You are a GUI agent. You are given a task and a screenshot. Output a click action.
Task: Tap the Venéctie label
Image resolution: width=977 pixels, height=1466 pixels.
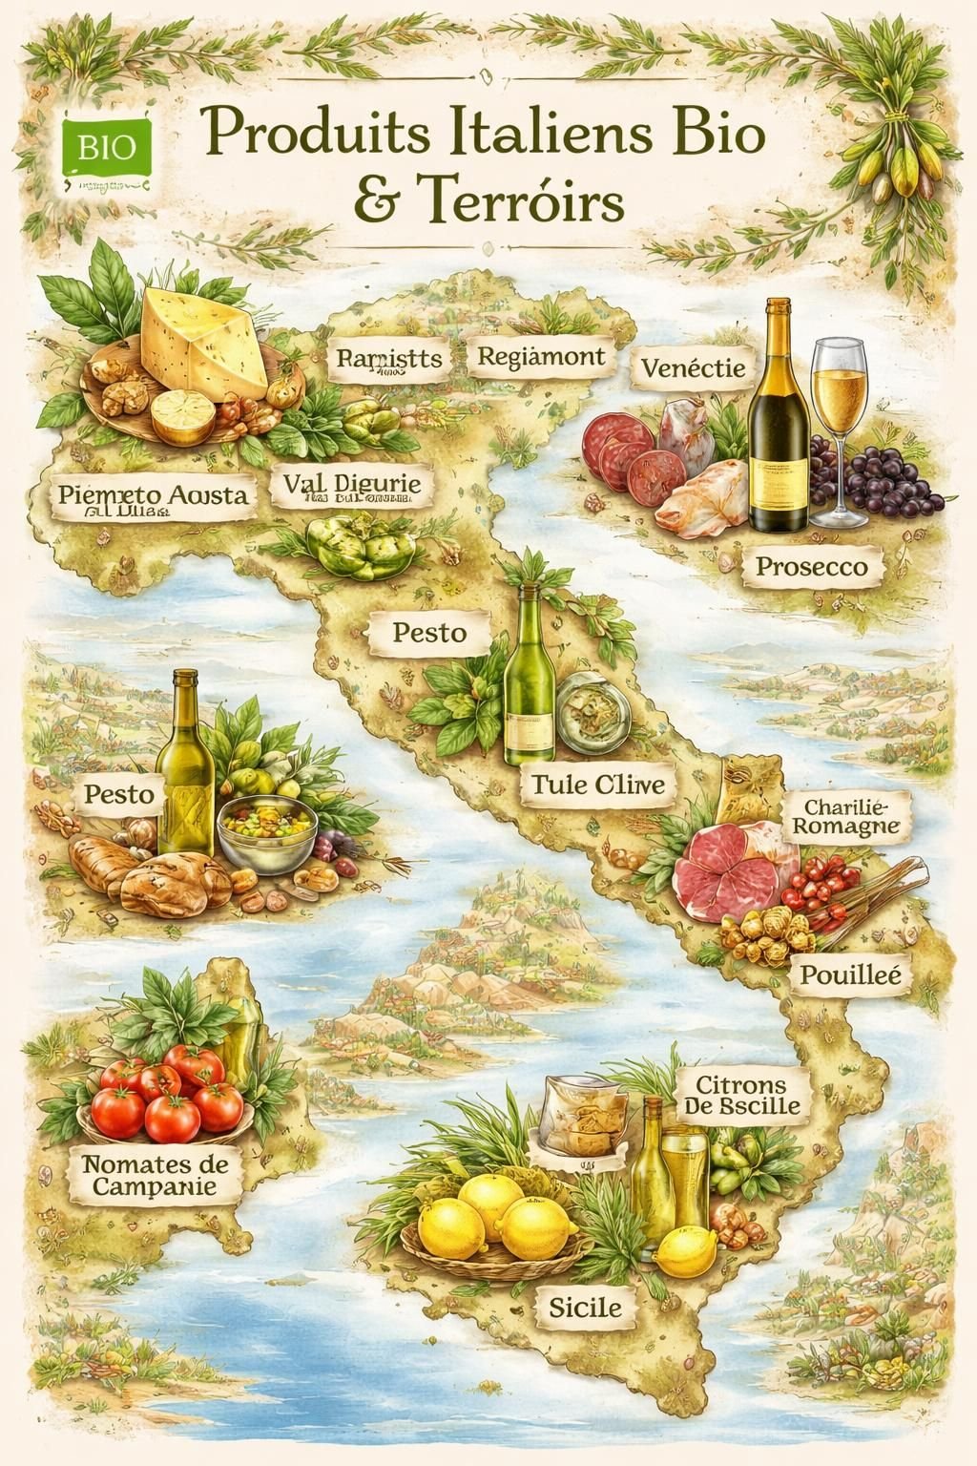pos(693,367)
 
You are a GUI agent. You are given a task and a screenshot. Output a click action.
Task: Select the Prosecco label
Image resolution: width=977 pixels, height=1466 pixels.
pos(812,566)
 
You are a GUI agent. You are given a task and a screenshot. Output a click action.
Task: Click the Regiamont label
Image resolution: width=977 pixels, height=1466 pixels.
pos(541,358)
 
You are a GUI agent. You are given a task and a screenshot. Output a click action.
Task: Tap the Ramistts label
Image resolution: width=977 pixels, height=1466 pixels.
pos(389,359)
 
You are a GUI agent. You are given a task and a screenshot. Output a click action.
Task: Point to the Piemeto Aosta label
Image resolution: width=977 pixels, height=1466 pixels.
pos(153,496)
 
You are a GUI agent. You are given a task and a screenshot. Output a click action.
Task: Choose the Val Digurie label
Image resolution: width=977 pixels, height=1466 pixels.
pos(352,486)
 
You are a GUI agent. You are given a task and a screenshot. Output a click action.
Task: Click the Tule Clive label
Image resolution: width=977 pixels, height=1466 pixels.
pos(598,785)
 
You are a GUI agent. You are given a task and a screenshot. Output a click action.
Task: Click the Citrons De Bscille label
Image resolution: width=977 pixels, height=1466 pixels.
pos(741,1095)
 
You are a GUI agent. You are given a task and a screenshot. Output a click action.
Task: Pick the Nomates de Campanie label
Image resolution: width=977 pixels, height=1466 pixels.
pos(155,1175)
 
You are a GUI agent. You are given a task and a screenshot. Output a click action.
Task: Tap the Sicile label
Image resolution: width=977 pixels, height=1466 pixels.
pos(585,1307)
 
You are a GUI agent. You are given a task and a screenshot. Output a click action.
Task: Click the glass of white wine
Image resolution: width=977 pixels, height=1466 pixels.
pos(839,420)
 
